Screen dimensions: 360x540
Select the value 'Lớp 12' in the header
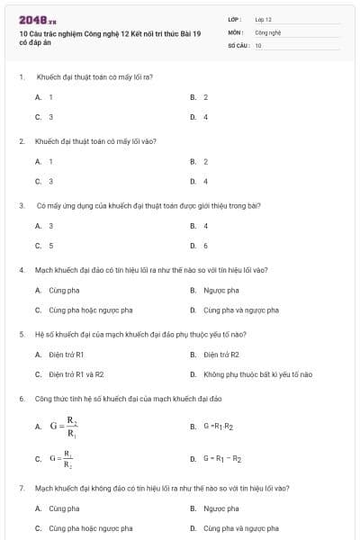pos(263,19)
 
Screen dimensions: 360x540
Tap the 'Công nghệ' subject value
pos(268,31)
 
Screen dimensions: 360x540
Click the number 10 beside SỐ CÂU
pos(258,44)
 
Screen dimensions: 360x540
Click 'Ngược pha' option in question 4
pos(220,291)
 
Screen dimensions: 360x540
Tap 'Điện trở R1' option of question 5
pos(66,355)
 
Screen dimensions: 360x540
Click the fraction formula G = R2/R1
pos(63,426)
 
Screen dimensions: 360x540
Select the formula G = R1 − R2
pos(222,459)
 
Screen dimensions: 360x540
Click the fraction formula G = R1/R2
pos(61,459)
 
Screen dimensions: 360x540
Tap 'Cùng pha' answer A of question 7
pos(64,508)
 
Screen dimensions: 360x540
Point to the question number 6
pos(21,397)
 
